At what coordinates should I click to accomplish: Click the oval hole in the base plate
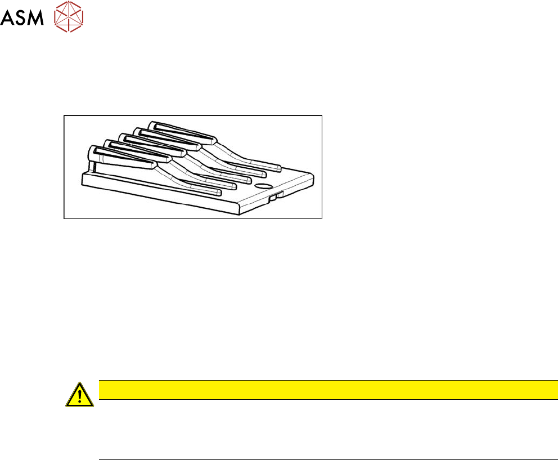263,185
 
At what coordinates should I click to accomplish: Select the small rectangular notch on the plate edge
273,196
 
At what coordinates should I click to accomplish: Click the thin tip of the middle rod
244,180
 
